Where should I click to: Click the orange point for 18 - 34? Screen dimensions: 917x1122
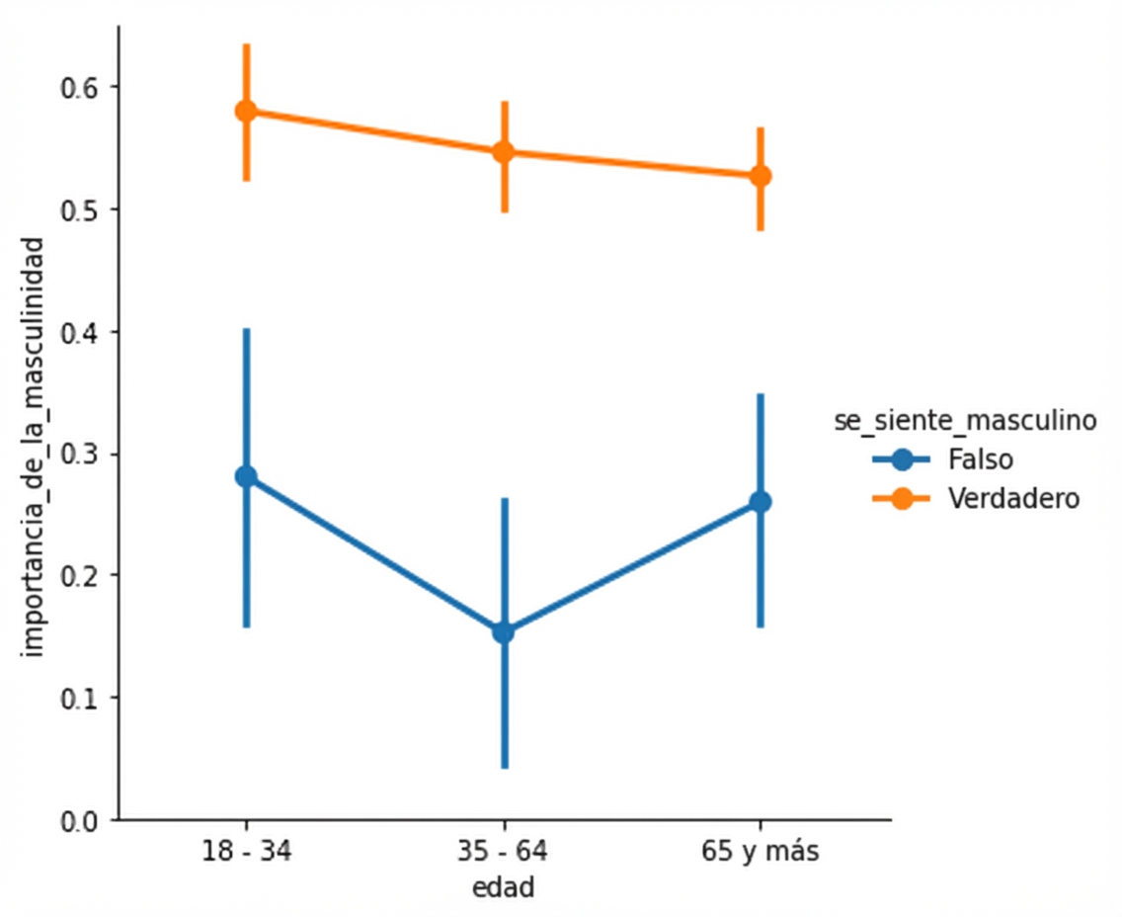[246, 111]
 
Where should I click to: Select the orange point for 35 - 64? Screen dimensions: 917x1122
[504, 151]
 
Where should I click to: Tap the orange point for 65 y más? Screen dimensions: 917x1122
[761, 176]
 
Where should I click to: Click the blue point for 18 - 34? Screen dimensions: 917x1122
[246, 476]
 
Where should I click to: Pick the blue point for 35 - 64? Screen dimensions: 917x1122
[504, 631]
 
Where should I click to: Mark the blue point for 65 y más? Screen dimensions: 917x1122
[761, 502]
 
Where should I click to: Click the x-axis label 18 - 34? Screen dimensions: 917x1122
[246, 852]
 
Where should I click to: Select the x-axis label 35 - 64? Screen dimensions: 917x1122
[504, 852]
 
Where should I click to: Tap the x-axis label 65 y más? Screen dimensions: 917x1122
[761, 852]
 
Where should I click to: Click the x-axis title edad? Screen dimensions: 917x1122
[504, 887]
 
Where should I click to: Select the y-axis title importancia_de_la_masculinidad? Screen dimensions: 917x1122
[35, 446]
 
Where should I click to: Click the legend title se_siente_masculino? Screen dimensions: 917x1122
[965, 421]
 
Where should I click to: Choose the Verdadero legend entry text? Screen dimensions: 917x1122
[1013, 498]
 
